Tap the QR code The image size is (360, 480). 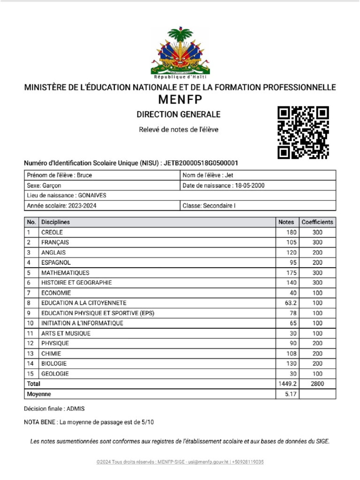pos(303,133)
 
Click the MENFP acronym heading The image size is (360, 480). pos(180,100)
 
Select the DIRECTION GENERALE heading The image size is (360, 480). pos(178,114)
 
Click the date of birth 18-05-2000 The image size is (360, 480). pos(248,186)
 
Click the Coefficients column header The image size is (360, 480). pos(317,222)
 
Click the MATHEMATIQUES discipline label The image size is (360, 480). pos(65,273)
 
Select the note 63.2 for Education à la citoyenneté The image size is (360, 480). pos(288,303)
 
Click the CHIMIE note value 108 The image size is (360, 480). pos(289,354)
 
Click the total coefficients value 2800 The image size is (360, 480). pos(317,384)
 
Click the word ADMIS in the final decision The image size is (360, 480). pos(76,409)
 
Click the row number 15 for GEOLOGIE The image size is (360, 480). pos(30,374)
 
